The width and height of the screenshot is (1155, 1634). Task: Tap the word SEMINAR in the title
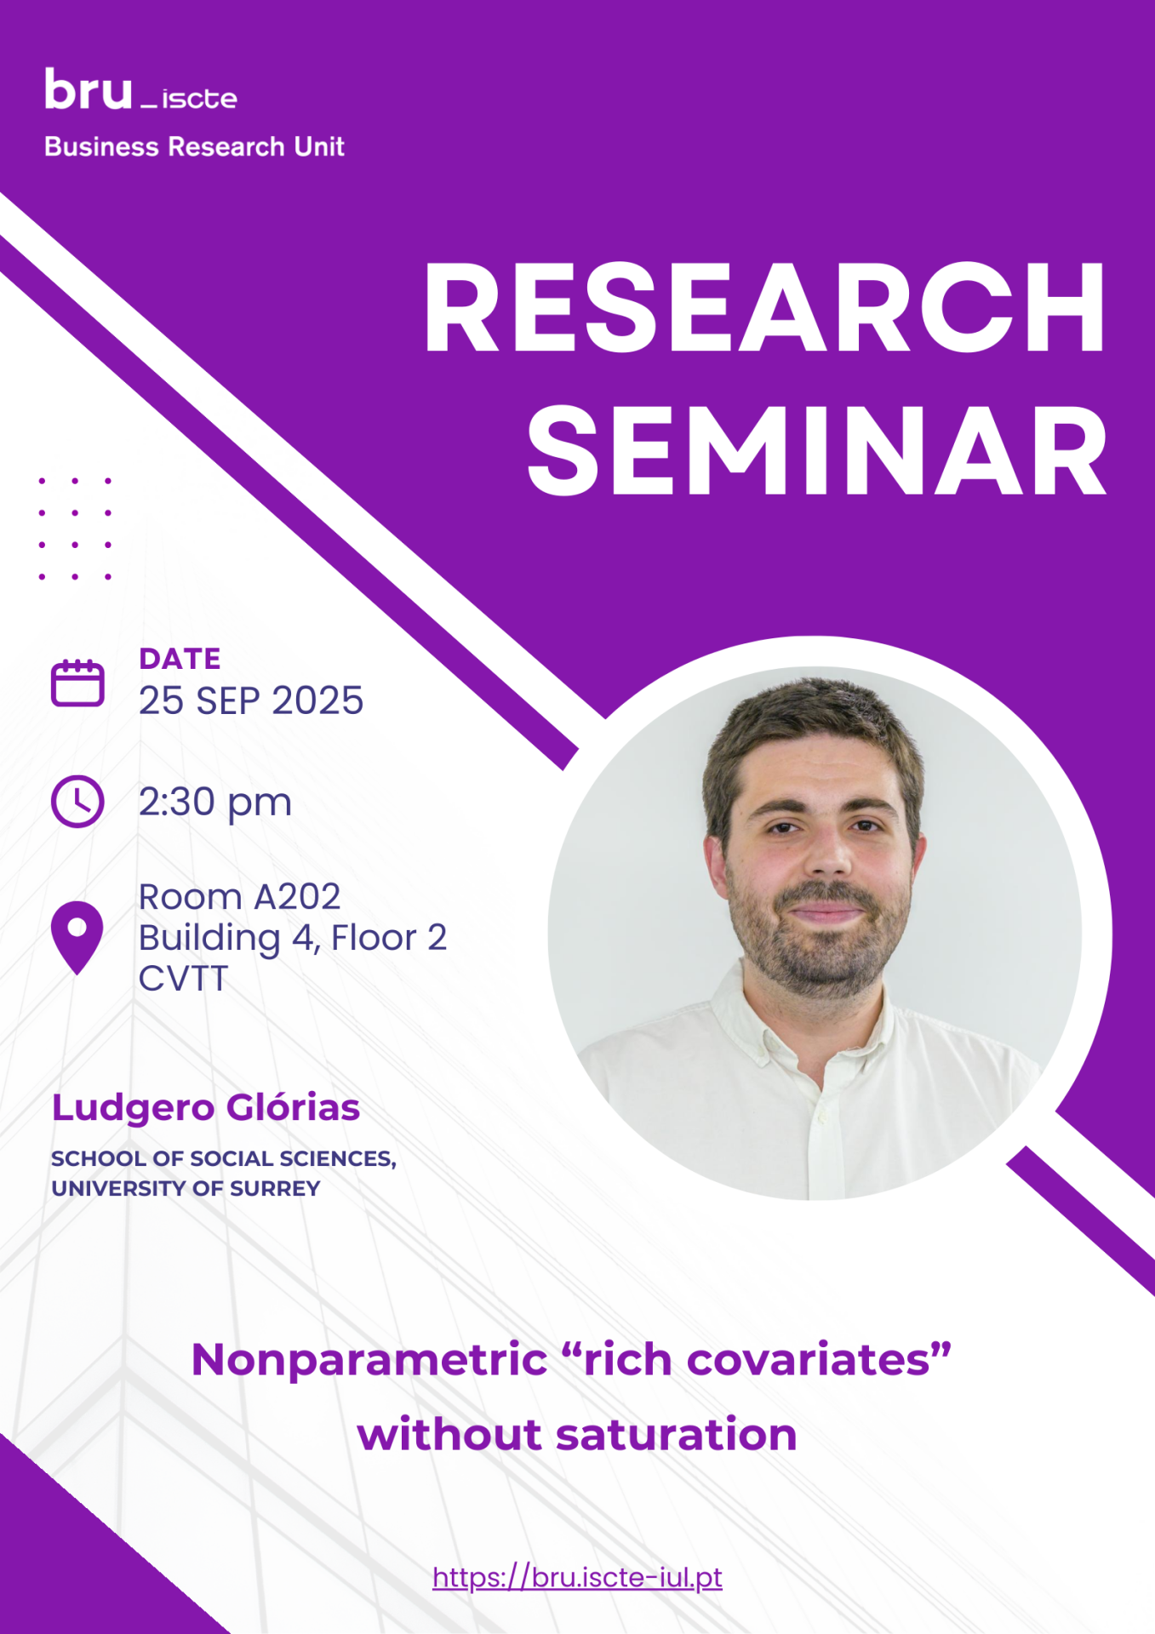pos(817,450)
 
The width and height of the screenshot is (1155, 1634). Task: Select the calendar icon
pos(77,683)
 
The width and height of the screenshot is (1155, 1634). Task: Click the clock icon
pos(77,801)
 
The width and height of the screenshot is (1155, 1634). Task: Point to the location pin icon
pos(77,938)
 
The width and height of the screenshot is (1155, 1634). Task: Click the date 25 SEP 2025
pos(251,700)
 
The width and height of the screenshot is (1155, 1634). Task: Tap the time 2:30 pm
pos(215,803)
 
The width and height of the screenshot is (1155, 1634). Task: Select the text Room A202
pos(239,897)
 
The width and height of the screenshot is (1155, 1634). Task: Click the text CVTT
pos(183,979)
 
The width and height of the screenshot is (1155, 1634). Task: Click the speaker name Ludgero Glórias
pos(206,1108)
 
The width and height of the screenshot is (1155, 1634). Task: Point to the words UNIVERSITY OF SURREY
pos(186,1188)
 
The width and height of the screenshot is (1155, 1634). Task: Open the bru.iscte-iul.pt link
pos(577,1577)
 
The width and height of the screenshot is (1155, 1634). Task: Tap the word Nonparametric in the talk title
pos(369,1360)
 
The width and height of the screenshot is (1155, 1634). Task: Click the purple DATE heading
pos(180,659)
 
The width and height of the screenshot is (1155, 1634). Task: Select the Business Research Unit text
pos(194,146)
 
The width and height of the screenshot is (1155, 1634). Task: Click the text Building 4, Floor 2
pos(293,938)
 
